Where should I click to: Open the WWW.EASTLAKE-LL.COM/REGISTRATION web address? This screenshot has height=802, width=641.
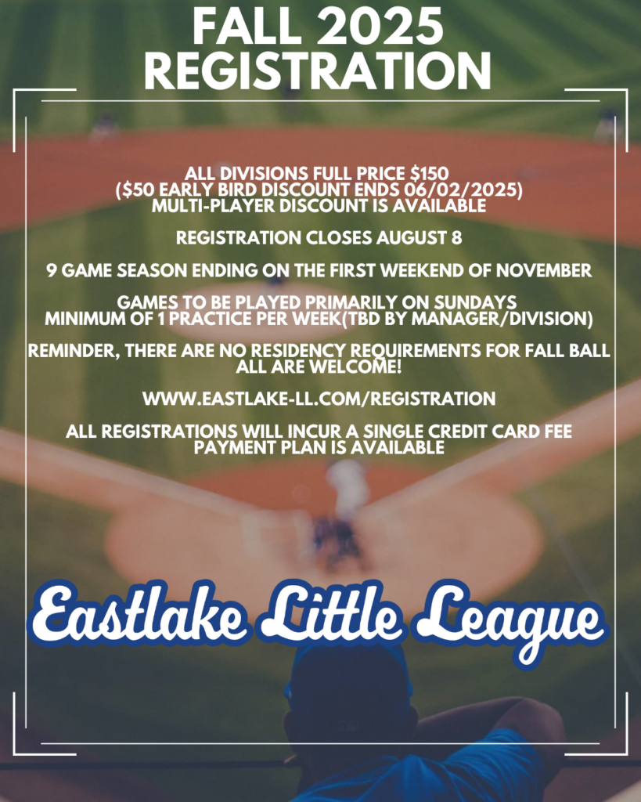click(319, 399)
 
